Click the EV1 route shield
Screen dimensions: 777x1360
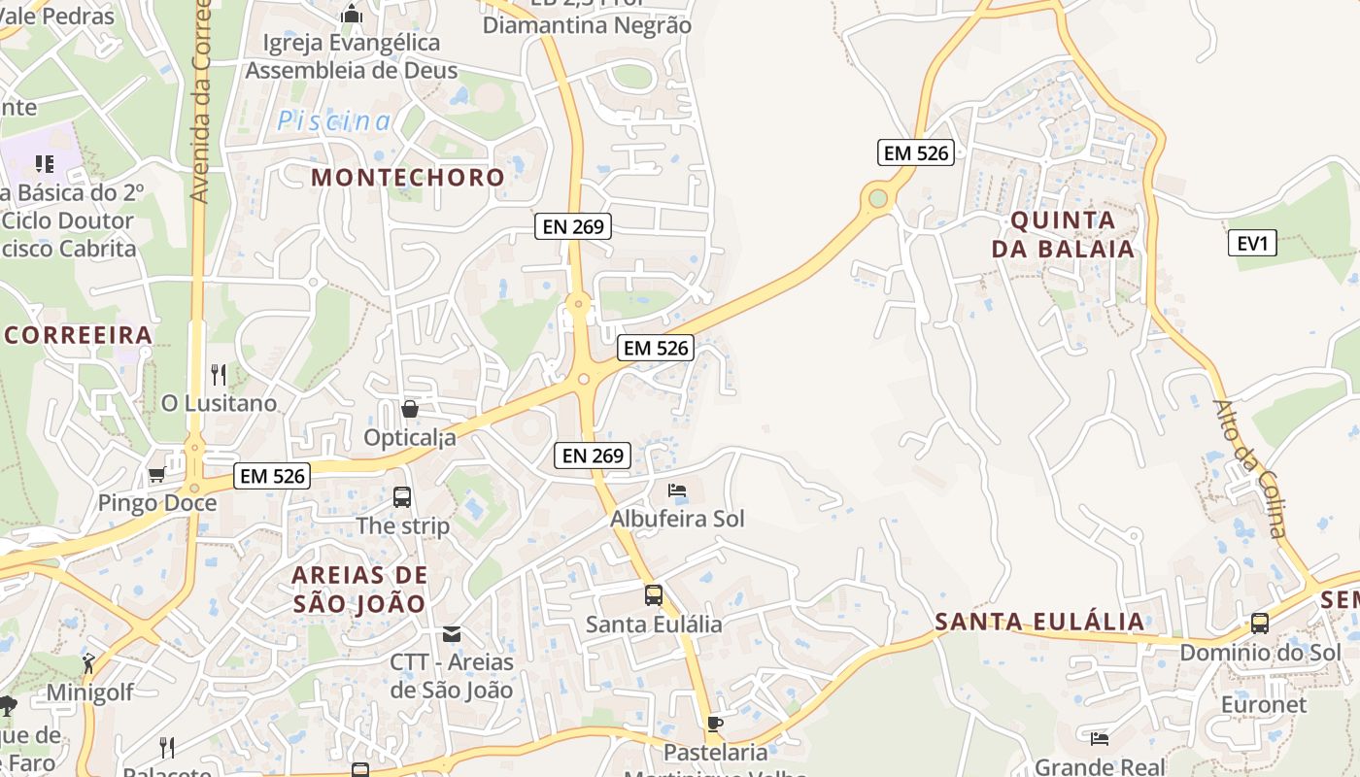(x=1253, y=243)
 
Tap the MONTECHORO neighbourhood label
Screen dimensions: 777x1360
(x=408, y=178)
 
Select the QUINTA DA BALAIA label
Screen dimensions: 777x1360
(x=1063, y=234)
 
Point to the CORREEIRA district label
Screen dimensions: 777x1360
(x=78, y=336)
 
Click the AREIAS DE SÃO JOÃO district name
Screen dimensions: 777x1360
(x=359, y=589)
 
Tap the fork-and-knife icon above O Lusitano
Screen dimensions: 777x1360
(x=219, y=375)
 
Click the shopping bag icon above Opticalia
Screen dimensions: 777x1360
(x=410, y=409)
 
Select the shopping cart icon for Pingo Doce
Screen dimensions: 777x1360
(x=156, y=475)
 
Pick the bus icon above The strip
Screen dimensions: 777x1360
(x=402, y=497)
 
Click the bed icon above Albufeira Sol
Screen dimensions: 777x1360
(x=677, y=490)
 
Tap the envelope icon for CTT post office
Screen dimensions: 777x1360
(x=452, y=634)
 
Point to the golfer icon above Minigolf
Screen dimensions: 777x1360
(x=88, y=664)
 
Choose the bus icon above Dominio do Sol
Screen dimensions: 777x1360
(x=1259, y=624)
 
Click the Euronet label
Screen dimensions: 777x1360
(x=1263, y=704)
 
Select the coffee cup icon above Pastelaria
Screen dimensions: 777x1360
(x=715, y=724)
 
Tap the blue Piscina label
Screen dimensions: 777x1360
(x=335, y=121)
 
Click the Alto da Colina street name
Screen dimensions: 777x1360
(x=1250, y=468)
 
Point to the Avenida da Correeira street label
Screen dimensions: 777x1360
(x=201, y=102)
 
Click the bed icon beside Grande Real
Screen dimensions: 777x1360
(x=1099, y=739)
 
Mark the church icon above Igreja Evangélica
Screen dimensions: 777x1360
(x=352, y=15)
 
